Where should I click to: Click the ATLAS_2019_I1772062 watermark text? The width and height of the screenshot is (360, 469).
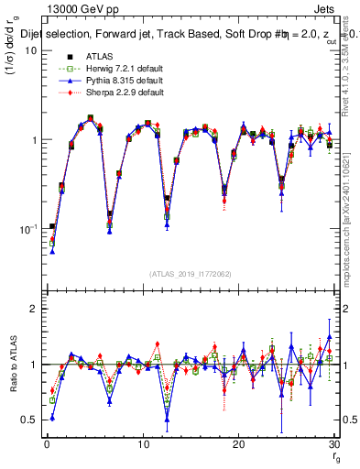point(190,274)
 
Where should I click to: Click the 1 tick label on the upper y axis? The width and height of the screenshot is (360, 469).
point(34,140)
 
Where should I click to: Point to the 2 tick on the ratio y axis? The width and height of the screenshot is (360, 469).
point(34,309)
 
